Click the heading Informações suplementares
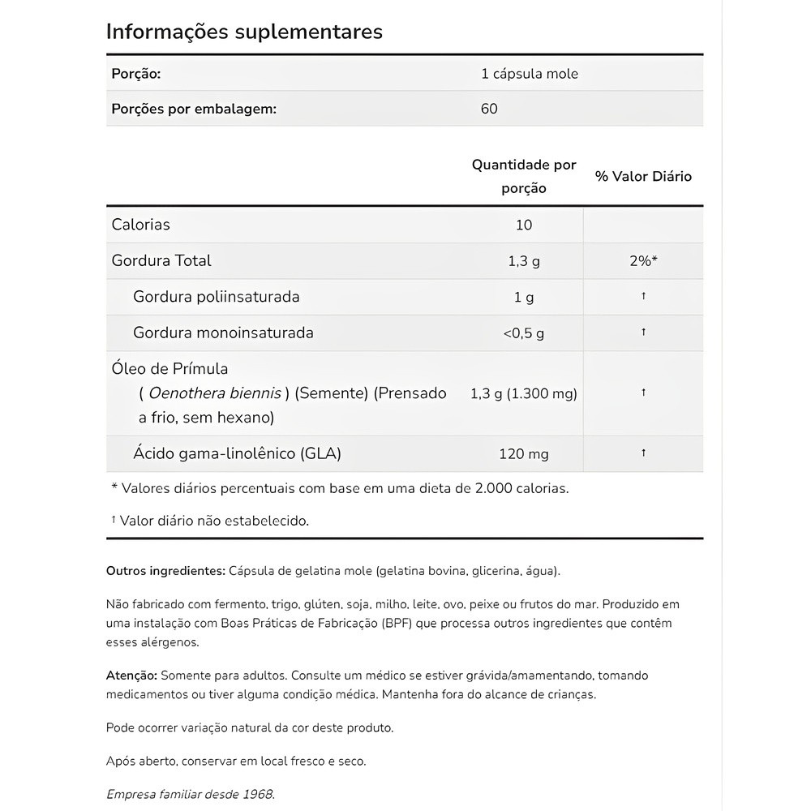244,32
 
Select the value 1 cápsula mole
530,74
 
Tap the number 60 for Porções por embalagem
489,109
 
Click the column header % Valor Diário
643,176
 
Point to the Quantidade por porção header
524,176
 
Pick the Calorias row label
141,225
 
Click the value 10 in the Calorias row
524,225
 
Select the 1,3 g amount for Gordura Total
524,260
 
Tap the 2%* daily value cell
643,260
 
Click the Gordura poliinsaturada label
217,297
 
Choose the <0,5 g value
524,333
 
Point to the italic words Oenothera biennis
215,393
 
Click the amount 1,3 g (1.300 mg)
524,393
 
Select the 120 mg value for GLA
524,454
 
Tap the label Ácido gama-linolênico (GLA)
237,454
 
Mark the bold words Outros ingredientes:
165,571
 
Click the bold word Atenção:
131,676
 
